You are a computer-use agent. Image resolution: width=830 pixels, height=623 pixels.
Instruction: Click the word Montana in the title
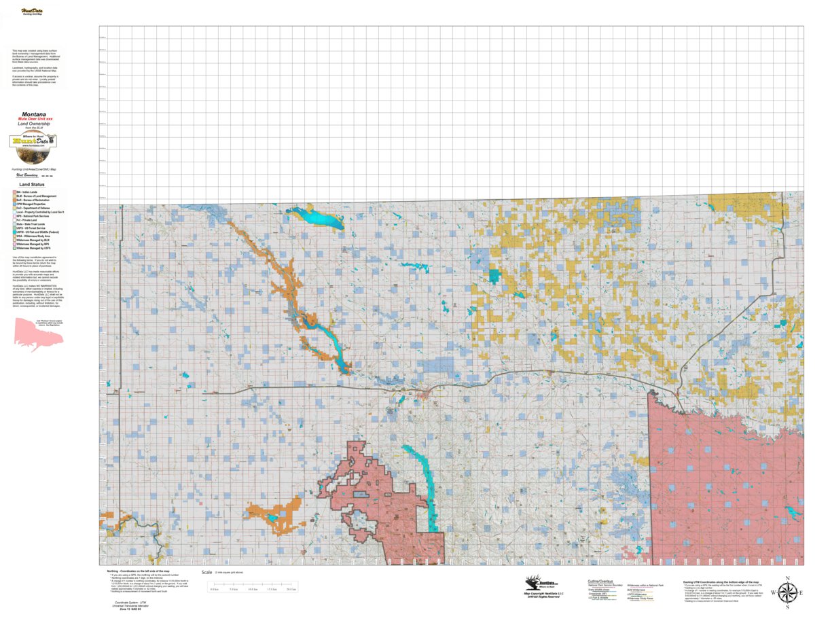[x=34, y=114]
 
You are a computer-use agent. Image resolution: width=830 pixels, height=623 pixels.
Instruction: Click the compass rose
[x=787, y=592]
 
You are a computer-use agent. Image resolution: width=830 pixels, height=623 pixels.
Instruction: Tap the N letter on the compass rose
[x=787, y=579]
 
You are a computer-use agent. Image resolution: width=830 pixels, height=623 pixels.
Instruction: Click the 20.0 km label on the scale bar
[x=292, y=589]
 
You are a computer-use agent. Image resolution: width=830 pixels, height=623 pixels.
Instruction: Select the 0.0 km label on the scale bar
[x=215, y=589]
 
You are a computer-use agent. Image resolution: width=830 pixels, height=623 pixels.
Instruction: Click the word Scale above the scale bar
[x=207, y=573]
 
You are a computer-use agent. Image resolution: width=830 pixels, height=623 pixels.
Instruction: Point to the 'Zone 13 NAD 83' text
[x=127, y=609]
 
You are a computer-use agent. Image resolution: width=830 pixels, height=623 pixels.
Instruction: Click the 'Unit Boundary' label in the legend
[x=27, y=175]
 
